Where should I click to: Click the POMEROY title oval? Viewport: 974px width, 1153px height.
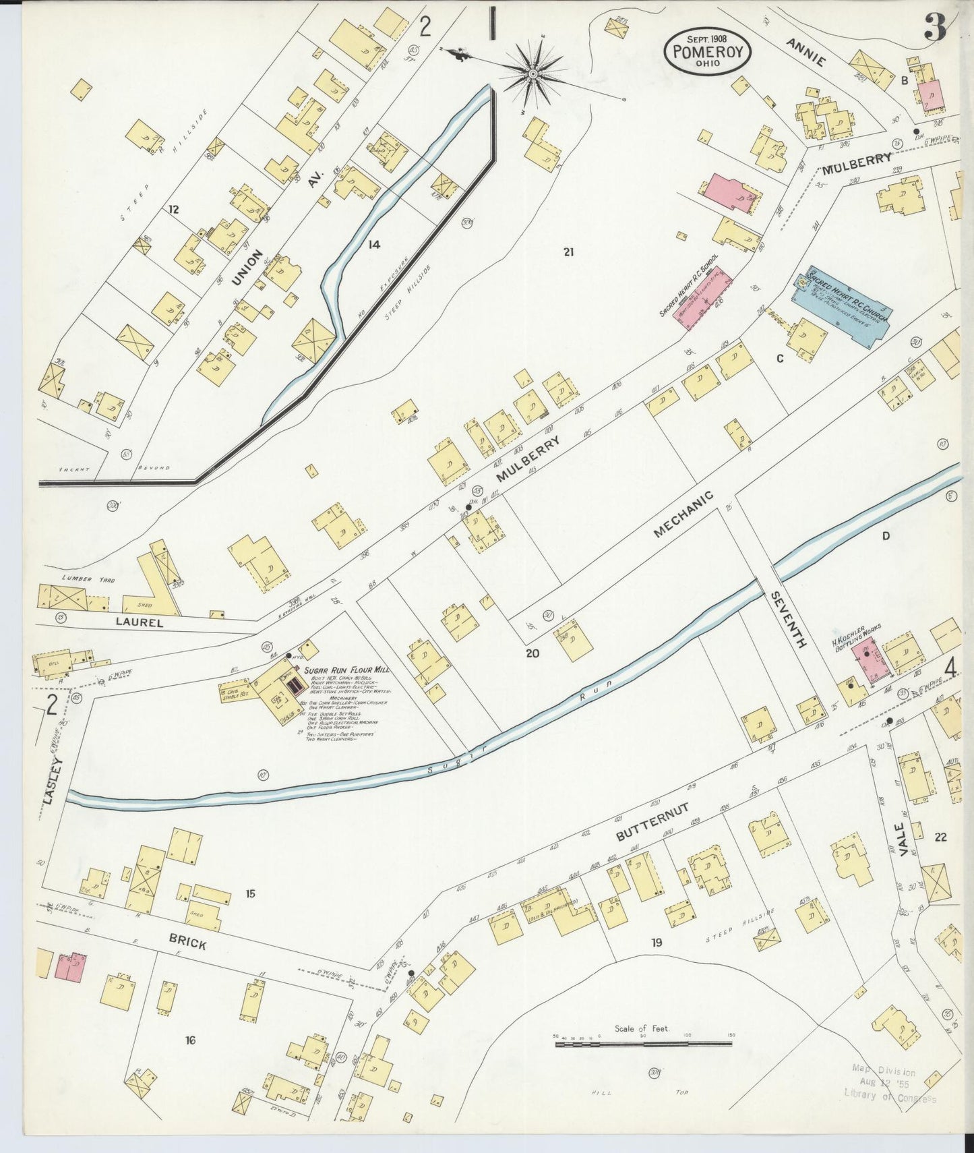[708, 49]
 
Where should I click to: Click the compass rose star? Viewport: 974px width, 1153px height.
[532, 72]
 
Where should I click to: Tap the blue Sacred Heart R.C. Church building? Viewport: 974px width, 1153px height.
[843, 305]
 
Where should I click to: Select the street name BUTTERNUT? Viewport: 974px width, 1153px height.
[652, 821]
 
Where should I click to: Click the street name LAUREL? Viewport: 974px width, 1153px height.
[139, 623]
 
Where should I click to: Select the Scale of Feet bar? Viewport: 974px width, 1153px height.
[643, 1044]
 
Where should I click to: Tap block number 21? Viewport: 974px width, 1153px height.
[568, 252]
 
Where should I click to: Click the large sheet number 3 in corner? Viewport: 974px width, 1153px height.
[935, 28]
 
